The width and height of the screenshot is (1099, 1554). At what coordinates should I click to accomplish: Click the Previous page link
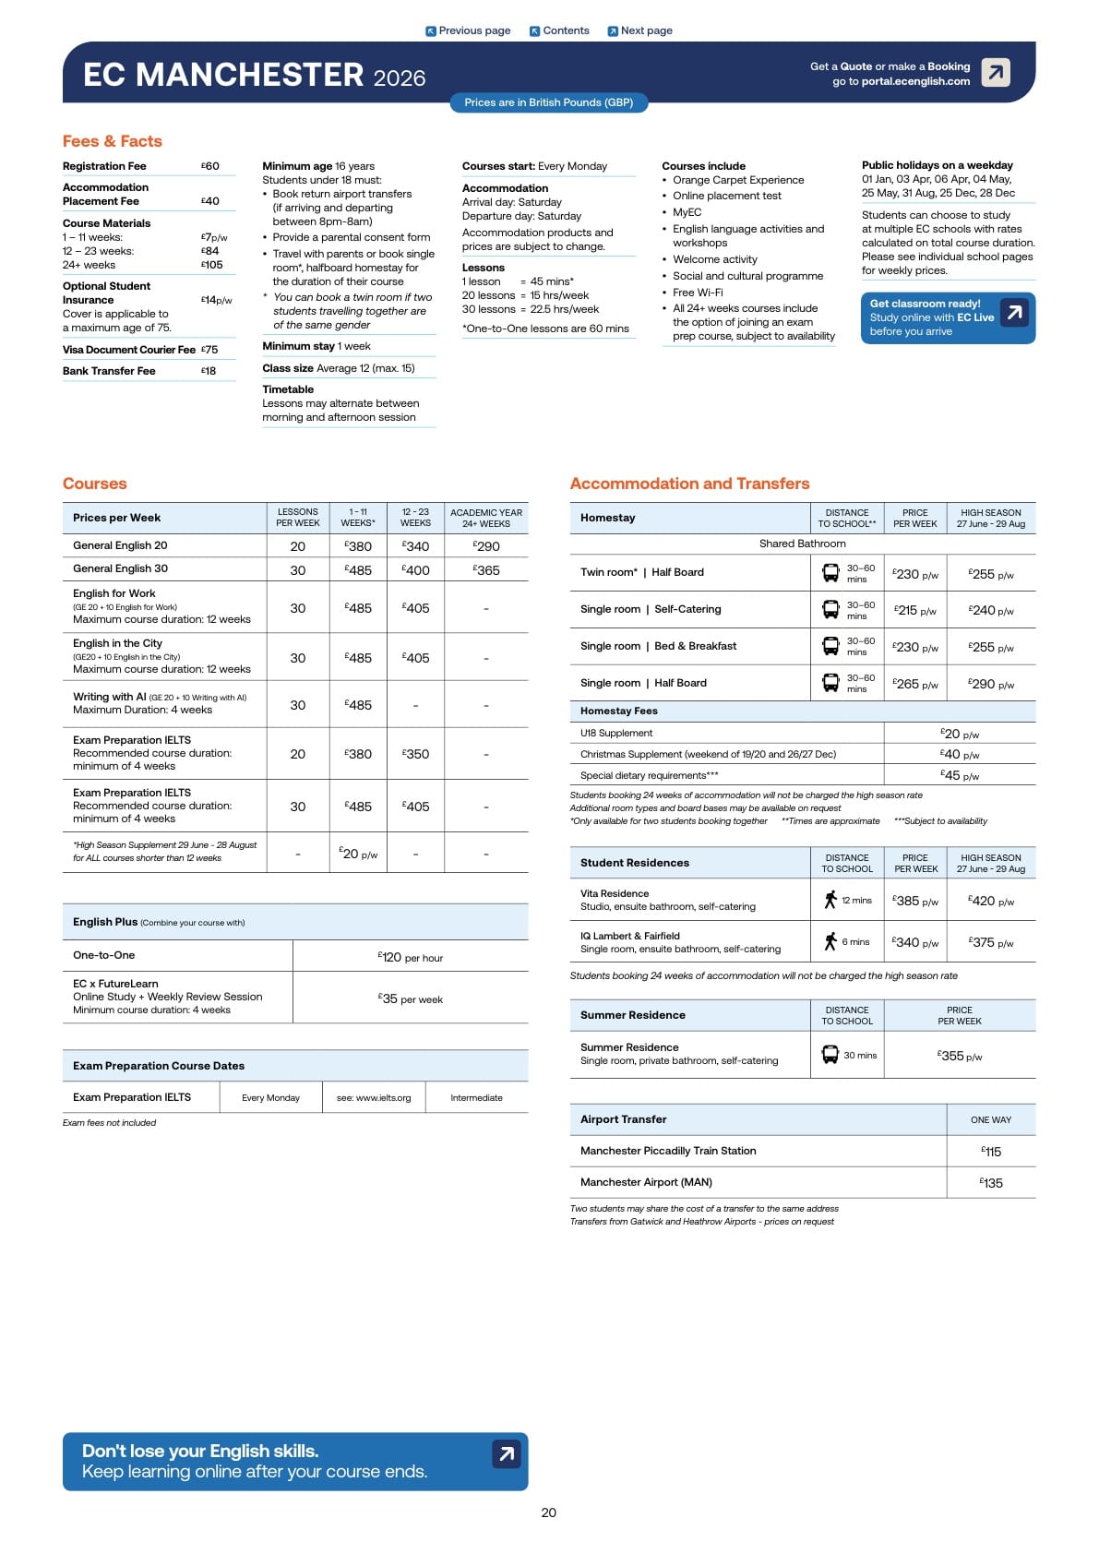tap(468, 30)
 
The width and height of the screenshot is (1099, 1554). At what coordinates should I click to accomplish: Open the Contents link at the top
tap(559, 30)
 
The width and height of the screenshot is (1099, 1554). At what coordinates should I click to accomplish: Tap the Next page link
tap(639, 30)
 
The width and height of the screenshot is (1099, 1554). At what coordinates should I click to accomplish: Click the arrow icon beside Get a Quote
tap(996, 72)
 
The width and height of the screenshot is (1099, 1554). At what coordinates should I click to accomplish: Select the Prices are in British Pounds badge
tap(548, 102)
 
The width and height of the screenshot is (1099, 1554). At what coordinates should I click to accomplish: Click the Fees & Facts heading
tap(112, 141)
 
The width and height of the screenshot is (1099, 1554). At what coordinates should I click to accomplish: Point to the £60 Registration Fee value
tap(210, 166)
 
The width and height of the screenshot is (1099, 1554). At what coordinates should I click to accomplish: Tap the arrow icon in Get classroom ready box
tap(1014, 313)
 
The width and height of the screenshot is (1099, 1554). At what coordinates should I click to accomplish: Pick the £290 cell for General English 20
tap(486, 546)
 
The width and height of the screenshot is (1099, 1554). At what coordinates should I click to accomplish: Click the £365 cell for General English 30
tap(486, 570)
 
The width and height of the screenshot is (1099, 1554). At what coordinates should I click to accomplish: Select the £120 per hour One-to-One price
tap(410, 957)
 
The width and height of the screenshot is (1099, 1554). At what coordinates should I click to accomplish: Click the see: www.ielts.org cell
tap(374, 1098)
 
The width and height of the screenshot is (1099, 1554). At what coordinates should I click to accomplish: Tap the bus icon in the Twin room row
tap(830, 573)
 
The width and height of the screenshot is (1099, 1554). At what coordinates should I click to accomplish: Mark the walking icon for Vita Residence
tap(830, 900)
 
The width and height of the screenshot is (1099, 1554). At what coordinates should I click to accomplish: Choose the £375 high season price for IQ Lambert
tap(991, 942)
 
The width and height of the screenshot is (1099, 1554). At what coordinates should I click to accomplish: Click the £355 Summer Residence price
tap(960, 1056)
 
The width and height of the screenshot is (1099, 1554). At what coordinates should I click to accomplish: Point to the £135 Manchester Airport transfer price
tap(991, 1183)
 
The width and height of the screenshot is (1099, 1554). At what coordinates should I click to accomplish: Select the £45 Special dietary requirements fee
tap(960, 776)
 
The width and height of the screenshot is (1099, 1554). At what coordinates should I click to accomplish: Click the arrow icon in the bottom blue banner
tap(506, 1454)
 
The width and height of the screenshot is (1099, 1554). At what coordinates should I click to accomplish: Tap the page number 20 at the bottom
tap(549, 1512)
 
